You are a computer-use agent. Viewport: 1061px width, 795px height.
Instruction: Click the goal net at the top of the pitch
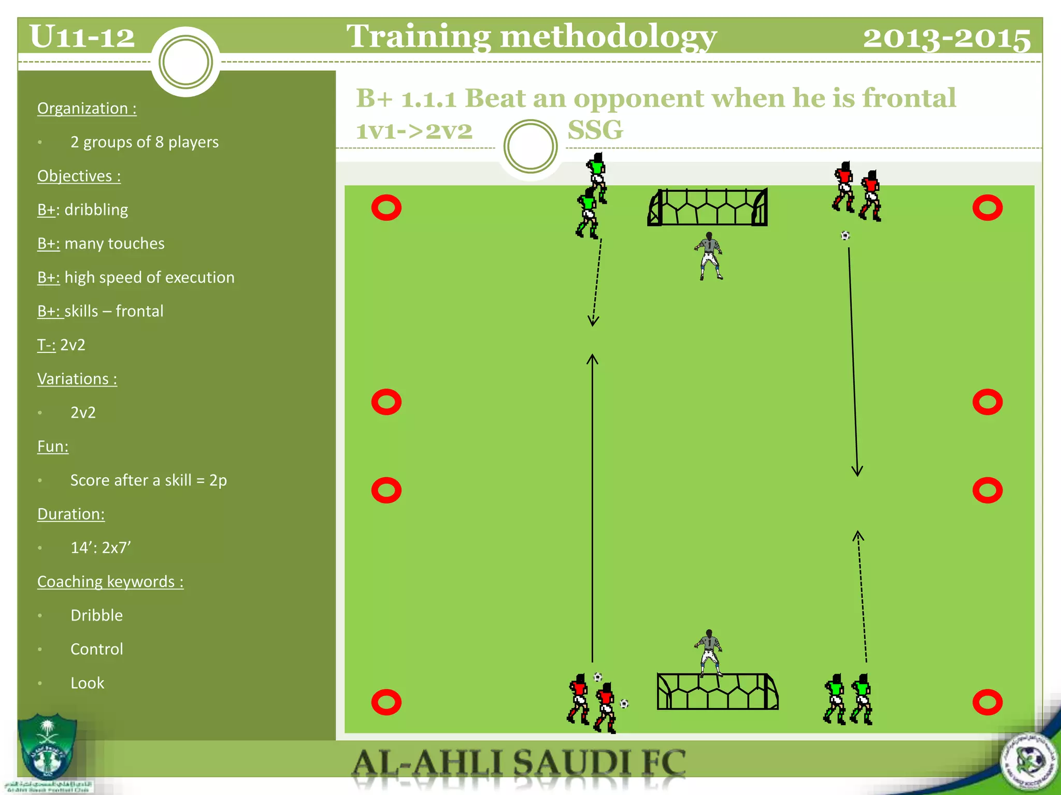(708, 207)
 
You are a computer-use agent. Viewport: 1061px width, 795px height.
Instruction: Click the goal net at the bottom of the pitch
(717, 691)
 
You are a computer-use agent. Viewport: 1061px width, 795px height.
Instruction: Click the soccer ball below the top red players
(845, 236)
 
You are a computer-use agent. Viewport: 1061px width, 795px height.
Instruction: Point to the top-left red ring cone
(386, 208)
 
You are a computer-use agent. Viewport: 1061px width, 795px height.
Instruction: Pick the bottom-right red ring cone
(987, 702)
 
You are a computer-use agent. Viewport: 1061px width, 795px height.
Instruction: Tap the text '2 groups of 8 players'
(145, 142)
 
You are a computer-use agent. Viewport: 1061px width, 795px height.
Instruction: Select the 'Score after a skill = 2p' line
(149, 480)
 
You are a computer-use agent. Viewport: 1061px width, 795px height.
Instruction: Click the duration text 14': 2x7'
(101, 548)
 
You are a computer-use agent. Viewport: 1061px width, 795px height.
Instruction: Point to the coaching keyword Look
(87, 683)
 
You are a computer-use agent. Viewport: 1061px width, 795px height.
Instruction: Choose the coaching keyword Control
(97, 649)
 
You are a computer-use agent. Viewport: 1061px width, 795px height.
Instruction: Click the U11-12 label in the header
(82, 37)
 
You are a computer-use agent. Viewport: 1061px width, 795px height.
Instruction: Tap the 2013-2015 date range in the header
(947, 38)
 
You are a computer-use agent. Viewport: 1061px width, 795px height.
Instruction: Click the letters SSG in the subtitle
(595, 129)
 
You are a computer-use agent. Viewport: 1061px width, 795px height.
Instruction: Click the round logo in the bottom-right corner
(1029, 761)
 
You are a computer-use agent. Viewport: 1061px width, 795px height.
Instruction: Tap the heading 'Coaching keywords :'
(110, 582)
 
